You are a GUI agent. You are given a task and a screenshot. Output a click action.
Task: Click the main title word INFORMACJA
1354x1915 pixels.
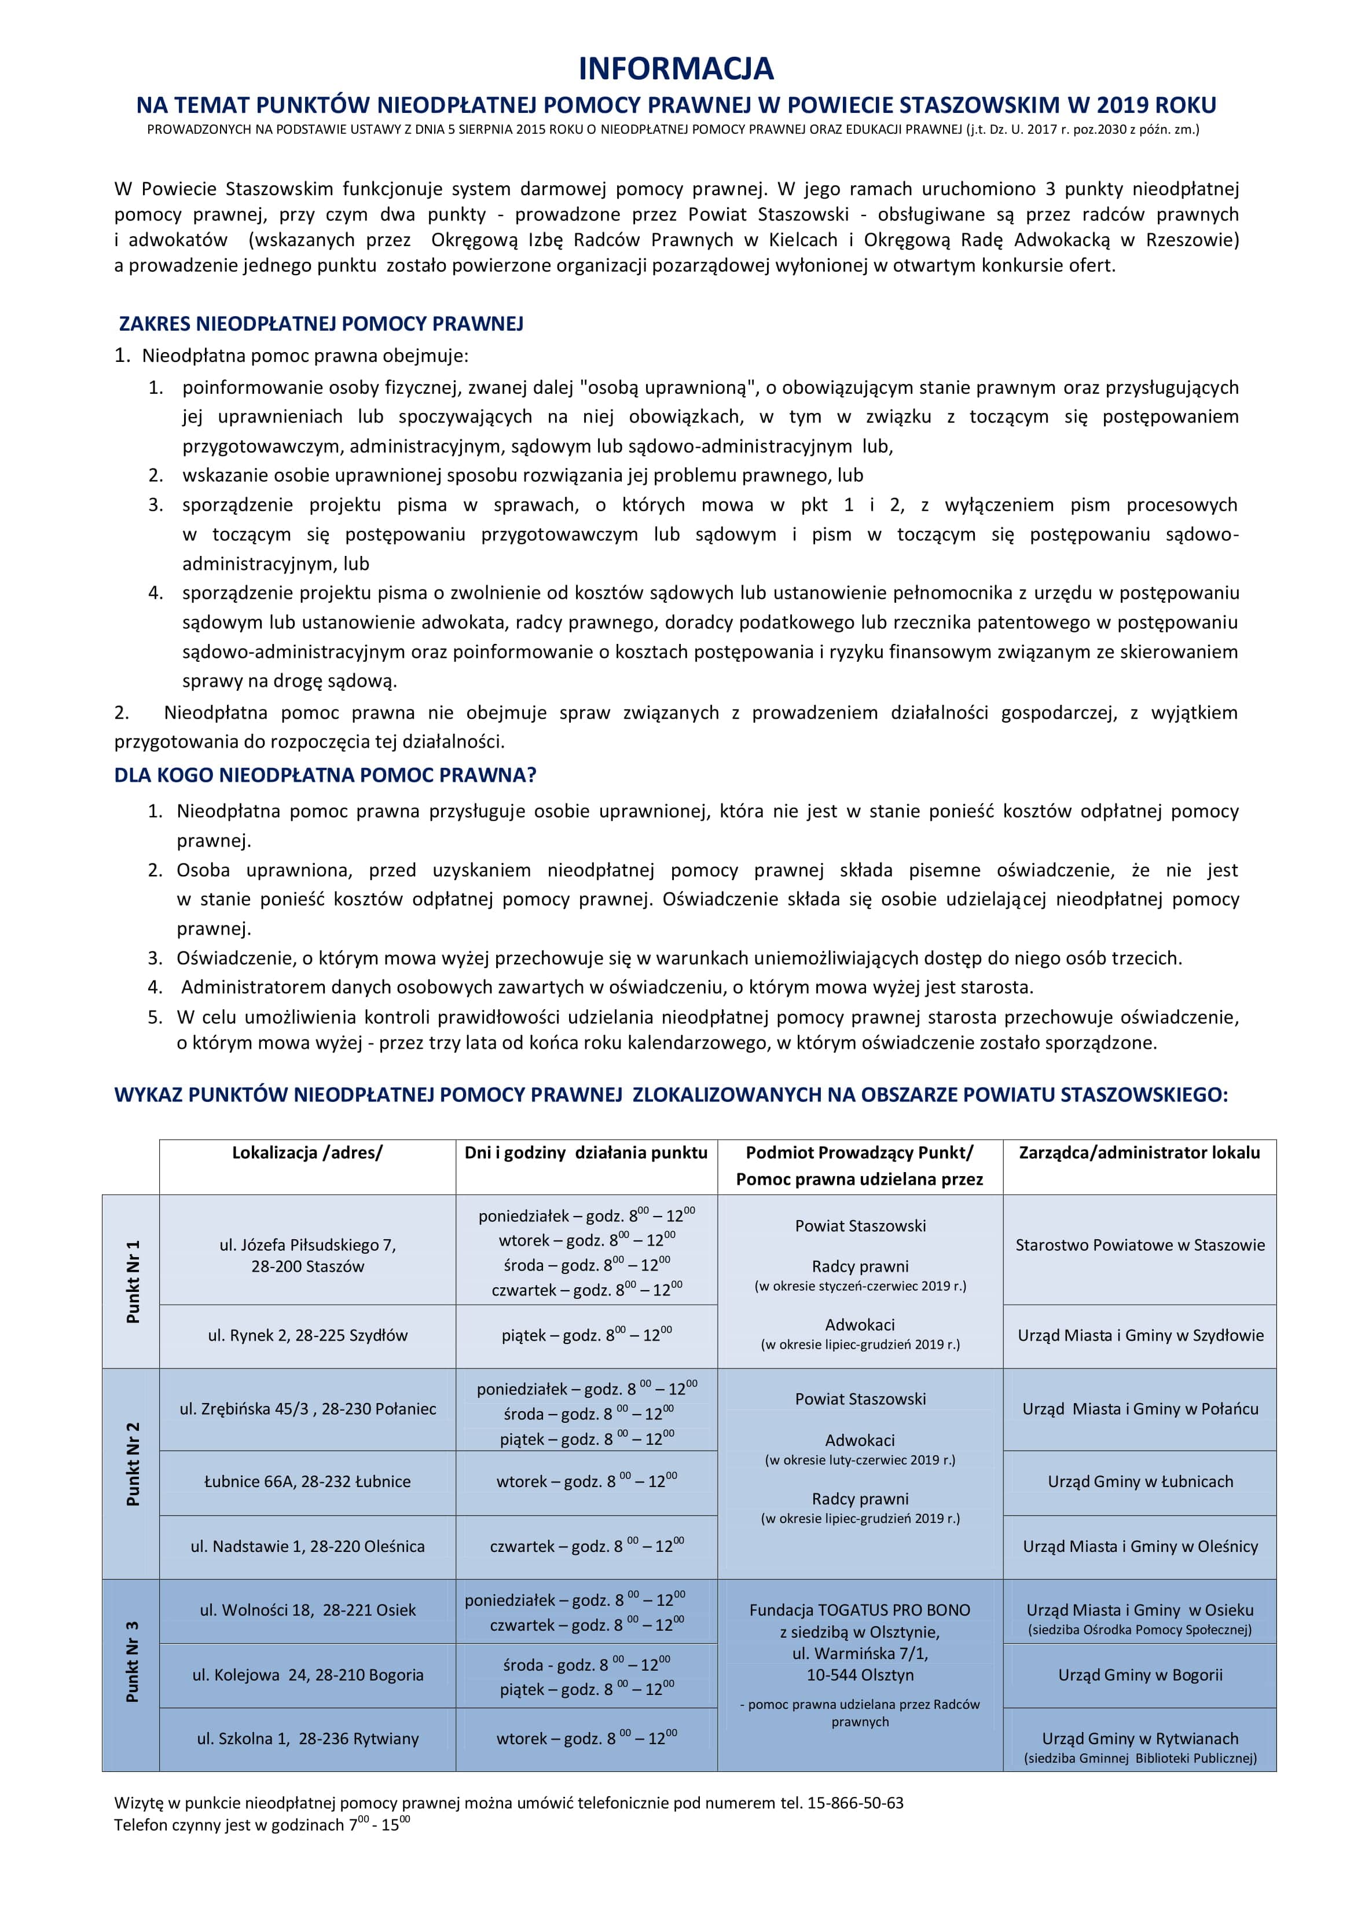(x=676, y=68)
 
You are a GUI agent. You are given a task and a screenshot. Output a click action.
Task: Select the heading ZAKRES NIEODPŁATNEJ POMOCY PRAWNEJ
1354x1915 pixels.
(x=321, y=324)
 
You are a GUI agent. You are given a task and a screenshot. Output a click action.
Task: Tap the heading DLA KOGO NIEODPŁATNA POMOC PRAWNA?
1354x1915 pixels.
(x=325, y=775)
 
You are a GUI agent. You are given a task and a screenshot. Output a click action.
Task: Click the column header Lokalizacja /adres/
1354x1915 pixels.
(x=307, y=1153)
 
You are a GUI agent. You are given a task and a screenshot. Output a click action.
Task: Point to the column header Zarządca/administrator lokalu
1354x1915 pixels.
(x=1139, y=1153)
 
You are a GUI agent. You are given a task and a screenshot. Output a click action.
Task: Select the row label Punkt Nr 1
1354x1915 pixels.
(x=132, y=1281)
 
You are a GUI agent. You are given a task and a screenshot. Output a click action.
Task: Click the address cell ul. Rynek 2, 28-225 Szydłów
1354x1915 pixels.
(x=307, y=1335)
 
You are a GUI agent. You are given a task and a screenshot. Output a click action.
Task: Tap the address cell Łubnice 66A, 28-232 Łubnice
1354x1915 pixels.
(x=307, y=1481)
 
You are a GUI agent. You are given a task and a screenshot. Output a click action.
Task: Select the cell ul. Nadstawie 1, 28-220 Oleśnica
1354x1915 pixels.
(x=307, y=1546)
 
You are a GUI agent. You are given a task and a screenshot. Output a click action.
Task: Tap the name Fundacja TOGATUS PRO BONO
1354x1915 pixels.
(x=860, y=1610)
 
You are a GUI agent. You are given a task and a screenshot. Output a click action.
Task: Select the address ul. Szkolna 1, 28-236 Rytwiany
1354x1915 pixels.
(x=307, y=1739)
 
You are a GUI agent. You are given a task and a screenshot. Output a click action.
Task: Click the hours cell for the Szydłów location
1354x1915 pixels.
(x=586, y=1335)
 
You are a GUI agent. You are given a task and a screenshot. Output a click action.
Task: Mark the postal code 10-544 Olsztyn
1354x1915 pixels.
(x=860, y=1675)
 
